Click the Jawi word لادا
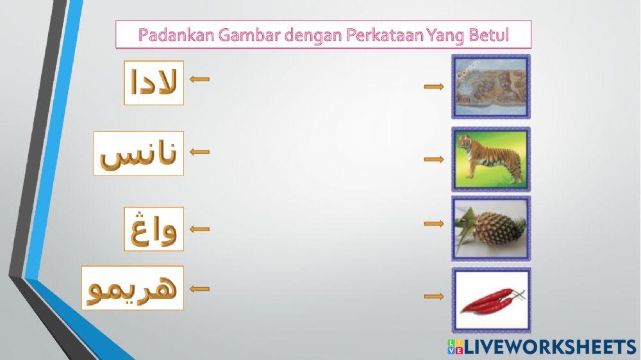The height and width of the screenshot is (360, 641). tap(154, 83)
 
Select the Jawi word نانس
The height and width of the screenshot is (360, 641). tap(138, 154)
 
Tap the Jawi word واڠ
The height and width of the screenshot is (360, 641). tap(154, 229)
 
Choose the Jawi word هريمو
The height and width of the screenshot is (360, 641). tap(133, 288)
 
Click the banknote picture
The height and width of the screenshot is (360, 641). tap(491, 86)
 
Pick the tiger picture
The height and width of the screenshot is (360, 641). tap(491, 159)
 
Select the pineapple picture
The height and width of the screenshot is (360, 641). tap(491, 228)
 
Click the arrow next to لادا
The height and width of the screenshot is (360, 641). tap(200, 79)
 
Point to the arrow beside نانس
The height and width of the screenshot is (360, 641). tap(200, 152)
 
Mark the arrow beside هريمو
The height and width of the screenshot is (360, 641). tap(200, 289)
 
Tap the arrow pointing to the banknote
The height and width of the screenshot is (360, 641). tap(434, 87)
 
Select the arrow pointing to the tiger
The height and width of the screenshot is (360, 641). tap(434, 159)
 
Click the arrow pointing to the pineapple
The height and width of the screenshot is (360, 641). tap(434, 224)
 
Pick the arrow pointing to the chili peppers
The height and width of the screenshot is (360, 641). tap(434, 296)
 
